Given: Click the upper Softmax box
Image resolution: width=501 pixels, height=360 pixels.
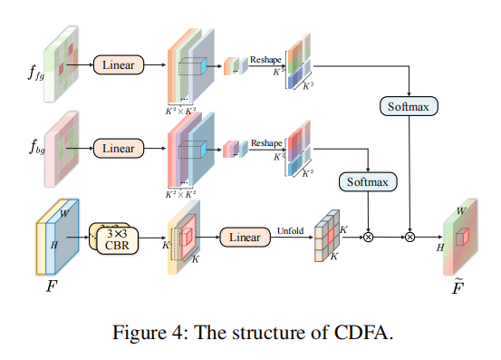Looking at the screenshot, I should [408, 106].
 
